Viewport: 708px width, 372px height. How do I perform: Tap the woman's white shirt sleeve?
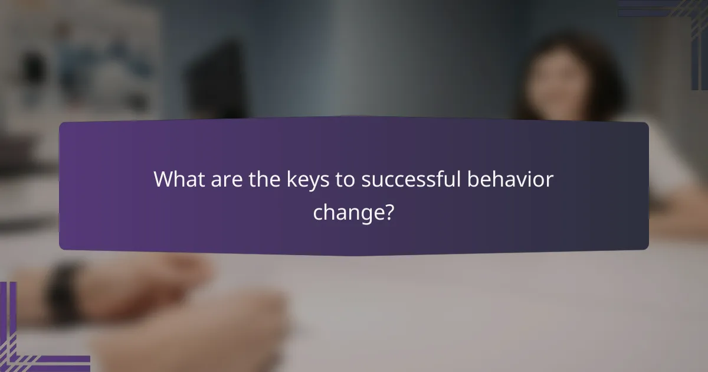[673, 165]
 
